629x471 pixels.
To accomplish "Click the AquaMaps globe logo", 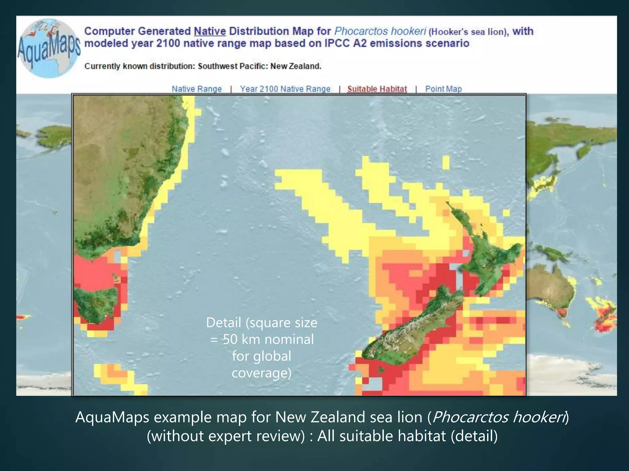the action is point(49,48).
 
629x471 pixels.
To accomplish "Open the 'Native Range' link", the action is point(197,89).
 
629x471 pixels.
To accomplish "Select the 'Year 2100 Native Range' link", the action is point(285,89).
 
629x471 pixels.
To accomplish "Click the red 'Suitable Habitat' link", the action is point(377,89).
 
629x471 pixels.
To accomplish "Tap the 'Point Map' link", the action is point(443,89).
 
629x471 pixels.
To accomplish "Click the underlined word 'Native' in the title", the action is point(210,31).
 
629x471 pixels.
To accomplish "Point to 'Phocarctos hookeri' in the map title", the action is point(380,31).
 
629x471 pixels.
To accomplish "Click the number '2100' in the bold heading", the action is point(168,43).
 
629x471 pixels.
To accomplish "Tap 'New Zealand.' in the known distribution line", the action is point(296,66).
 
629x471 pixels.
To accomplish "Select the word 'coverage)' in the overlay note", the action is point(261,373).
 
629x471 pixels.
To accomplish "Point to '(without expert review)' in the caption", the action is point(226,436).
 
